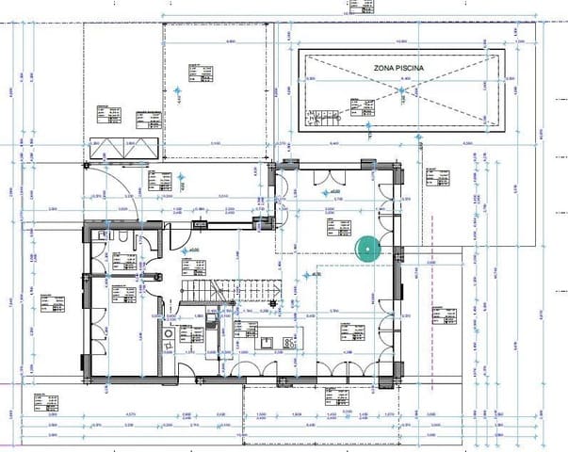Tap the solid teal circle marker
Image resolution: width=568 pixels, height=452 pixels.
[x=367, y=247]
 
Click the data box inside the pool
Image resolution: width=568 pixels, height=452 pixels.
[x=361, y=107]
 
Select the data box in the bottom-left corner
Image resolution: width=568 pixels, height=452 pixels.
[x=42, y=404]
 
